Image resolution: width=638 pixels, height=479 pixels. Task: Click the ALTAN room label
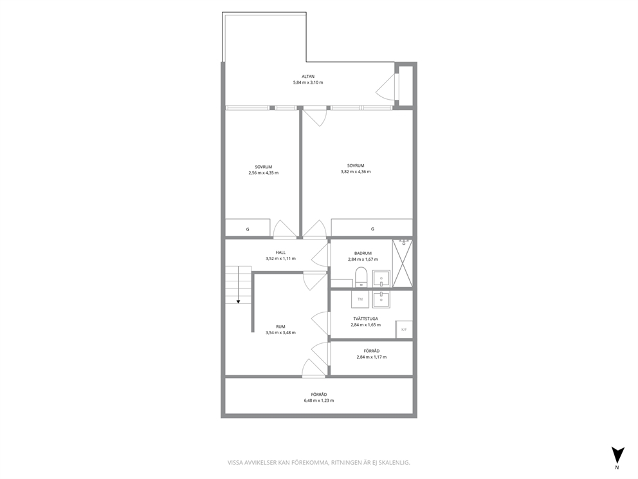[308, 77]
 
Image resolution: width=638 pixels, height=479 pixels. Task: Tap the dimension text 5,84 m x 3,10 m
[308, 82]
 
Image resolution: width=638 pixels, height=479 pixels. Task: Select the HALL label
[280, 252]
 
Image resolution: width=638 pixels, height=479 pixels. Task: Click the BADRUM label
[363, 254]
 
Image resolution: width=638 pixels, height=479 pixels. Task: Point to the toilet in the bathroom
[361, 277]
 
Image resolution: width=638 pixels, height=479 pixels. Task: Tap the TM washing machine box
[360, 300]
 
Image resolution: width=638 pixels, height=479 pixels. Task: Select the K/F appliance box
[404, 330]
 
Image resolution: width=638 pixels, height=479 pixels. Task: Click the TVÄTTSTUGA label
[365, 319]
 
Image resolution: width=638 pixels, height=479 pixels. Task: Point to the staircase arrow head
[239, 301]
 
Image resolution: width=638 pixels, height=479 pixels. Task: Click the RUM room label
[280, 326]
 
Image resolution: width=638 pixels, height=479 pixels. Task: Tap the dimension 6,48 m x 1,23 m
[318, 400]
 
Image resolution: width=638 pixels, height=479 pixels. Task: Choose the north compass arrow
[617, 455]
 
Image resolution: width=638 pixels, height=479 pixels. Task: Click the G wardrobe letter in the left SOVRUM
[248, 229]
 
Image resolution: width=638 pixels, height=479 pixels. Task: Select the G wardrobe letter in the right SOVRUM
[372, 229]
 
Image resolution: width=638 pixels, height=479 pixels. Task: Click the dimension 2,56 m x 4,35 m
[263, 173]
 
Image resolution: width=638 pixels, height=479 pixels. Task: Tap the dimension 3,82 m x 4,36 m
[356, 171]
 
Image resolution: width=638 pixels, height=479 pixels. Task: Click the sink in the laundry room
[381, 300]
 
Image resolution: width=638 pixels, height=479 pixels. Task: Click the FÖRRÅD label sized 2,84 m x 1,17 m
[372, 351]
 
